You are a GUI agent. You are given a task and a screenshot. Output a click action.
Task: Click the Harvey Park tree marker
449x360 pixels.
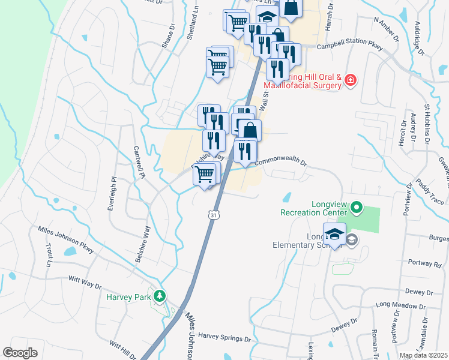pos(159,296)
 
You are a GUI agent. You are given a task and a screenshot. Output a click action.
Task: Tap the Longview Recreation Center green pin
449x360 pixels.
pos(357,208)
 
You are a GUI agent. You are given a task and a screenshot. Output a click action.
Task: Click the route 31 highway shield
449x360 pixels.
pos(213,214)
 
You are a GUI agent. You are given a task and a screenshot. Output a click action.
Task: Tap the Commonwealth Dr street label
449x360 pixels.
pos(280,163)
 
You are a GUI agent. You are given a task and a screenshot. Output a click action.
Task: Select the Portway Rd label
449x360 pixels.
pos(429,263)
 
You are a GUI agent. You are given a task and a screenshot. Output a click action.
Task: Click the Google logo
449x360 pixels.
pos(20,352)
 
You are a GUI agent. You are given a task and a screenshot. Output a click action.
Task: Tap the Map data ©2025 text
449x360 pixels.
pos(423,355)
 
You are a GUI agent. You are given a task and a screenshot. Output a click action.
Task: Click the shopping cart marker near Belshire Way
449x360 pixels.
pos(205,174)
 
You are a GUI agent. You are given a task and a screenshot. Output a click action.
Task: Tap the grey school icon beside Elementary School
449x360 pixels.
pos(352,240)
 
